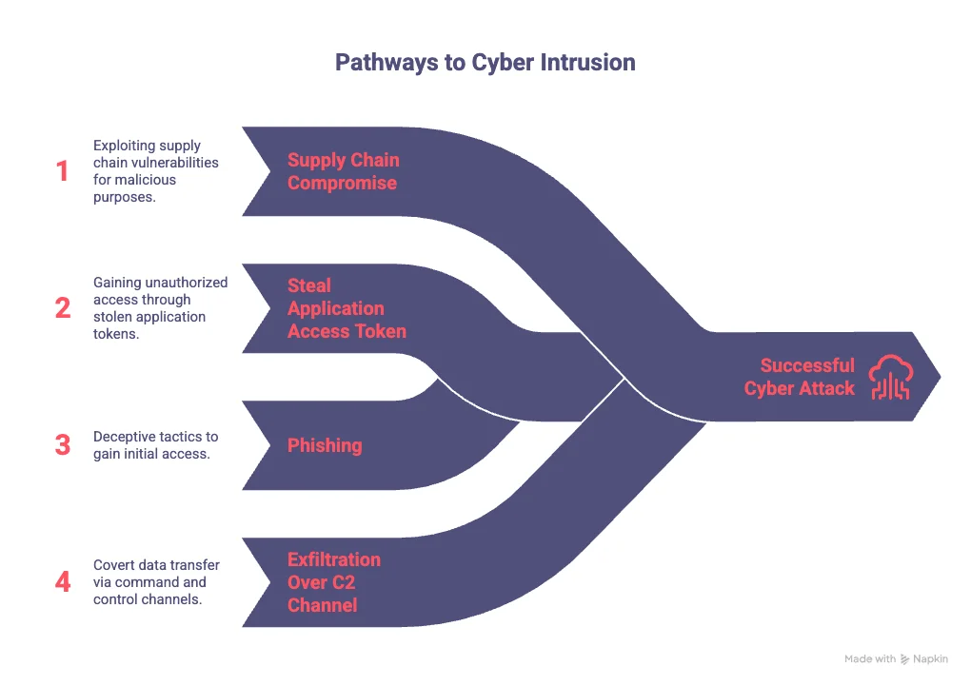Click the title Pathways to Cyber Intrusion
(485, 63)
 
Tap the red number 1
(63, 171)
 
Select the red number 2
(63, 308)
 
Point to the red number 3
(63, 445)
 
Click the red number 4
(63, 581)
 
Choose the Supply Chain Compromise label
(343, 171)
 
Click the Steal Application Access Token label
(347, 308)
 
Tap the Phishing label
(325, 445)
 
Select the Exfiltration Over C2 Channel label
(333, 582)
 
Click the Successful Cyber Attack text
(799, 377)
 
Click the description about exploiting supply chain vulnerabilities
(155, 171)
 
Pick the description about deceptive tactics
(155, 445)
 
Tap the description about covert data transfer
(155, 582)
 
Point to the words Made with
(869, 658)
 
